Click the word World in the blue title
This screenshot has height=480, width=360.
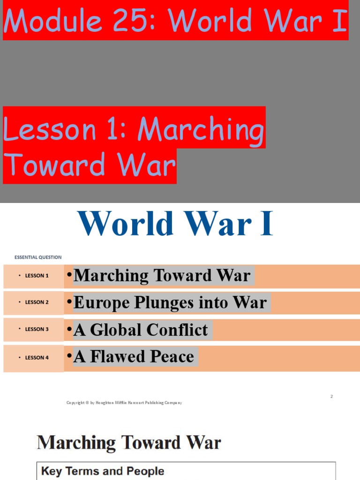[126, 224]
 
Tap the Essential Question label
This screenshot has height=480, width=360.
[38, 257]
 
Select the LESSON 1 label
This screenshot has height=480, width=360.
[37, 276]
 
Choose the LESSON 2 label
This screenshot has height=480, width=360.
[37, 302]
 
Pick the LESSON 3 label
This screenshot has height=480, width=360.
[37, 329]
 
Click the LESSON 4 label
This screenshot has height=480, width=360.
[37, 358]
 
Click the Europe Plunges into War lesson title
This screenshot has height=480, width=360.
[170, 303]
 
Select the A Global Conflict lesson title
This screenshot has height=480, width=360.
[141, 330]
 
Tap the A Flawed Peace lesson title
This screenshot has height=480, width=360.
[134, 357]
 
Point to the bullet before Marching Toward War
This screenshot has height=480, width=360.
[69, 275]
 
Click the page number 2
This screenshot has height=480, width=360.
[331, 397]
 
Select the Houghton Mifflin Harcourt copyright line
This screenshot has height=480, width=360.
[124, 403]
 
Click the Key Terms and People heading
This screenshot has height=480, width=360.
[103, 471]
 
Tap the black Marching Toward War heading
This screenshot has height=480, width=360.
[129, 442]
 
